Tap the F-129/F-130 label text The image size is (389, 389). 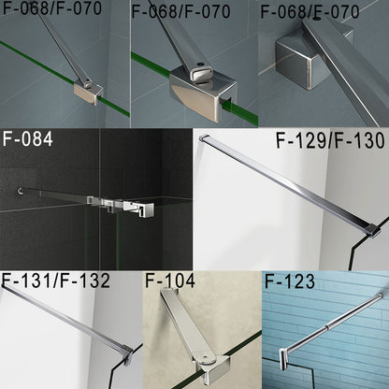(328, 143)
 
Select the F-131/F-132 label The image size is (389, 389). (56, 280)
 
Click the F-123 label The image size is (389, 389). (290, 280)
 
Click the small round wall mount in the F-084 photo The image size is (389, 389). (20, 194)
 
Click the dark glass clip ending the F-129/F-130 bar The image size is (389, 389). (372, 228)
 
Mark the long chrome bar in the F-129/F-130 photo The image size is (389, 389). (290, 183)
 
